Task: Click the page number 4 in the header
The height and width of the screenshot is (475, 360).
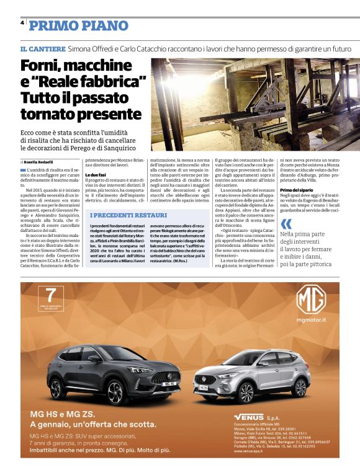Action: [22, 21]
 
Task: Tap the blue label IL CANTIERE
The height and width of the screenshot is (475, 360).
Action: [42, 48]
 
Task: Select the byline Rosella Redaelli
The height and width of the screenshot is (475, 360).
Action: [40, 161]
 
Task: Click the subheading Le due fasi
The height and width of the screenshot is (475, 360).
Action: [96, 175]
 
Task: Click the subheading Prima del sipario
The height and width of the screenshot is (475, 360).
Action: [298, 189]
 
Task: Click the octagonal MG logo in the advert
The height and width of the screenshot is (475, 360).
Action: [310, 301]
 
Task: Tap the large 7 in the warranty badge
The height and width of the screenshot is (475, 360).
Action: [52, 294]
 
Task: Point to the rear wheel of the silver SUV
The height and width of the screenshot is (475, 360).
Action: [301, 388]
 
